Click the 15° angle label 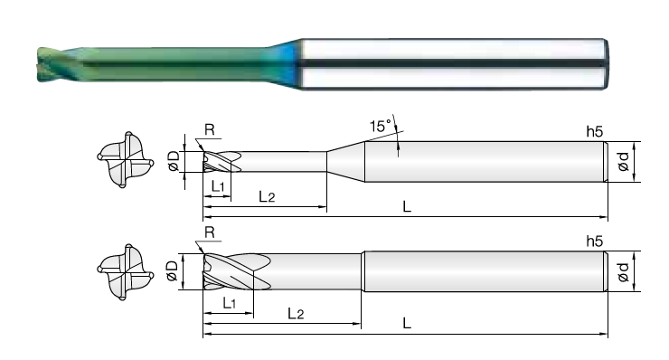click(381, 126)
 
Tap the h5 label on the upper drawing click(594, 131)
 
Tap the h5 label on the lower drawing click(594, 242)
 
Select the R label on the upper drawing click(210, 129)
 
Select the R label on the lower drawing click(210, 232)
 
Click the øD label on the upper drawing click(174, 162)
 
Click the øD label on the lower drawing click(172, 271)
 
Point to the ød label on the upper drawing click(624, 162)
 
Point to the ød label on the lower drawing click(624, 272)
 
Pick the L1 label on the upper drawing click(218, 185)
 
